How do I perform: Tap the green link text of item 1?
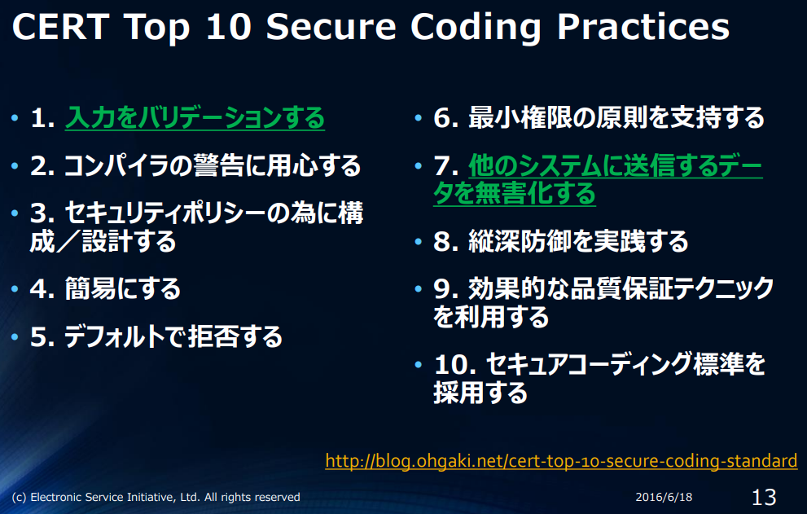(195, 119)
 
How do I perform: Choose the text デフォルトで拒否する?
(173, 336)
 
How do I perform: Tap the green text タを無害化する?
(515, 193)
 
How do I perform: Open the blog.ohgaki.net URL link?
(561, 461)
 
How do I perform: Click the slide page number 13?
(763, 496)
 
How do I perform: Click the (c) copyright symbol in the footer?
(18, 497)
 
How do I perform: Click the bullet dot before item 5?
(15, 336)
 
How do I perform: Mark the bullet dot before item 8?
(419, 241)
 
